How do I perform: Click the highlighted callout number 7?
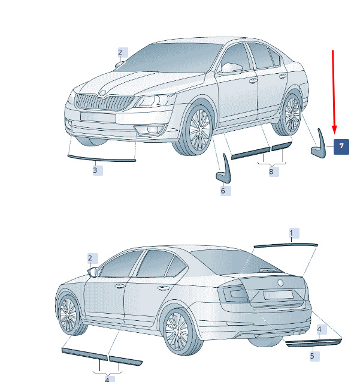click(x=341, y=147)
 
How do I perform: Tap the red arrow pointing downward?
click(x=334, y=92)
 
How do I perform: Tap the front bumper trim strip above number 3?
click(x=101, y=158)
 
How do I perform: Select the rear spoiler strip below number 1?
click(x=286, y=245)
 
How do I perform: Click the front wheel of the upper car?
click(x=194, y=130)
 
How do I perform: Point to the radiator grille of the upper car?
click(x=105, y=102)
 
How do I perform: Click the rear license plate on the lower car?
click(x=278, y=295)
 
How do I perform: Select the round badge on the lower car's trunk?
click(x=280, y=282)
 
